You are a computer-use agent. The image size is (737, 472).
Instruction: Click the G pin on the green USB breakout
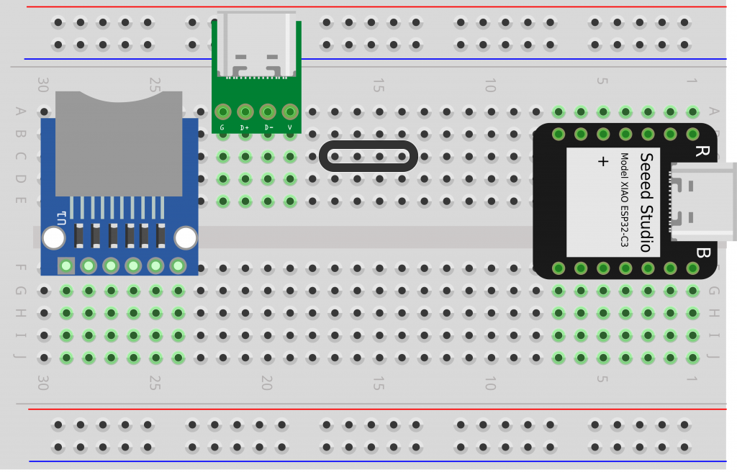(222, 112)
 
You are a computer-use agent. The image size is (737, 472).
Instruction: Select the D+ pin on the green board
(245, 112)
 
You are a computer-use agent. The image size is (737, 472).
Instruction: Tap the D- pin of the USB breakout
(268, 112)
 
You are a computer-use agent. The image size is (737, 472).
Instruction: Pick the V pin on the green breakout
(290, 112)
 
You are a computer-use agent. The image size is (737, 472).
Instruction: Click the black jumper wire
(368, 156)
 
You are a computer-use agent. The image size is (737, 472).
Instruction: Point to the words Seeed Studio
(646, 202)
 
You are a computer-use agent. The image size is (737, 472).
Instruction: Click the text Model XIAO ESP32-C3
(624, 201)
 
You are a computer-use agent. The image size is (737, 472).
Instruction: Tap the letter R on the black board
(700, 151)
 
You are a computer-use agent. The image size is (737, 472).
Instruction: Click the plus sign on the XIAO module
(603, 162)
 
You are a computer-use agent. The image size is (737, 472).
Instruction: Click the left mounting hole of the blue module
(53, 237)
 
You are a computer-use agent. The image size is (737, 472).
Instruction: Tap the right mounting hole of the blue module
(186, 237)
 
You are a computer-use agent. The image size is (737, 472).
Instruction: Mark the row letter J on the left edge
(20, 358)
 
